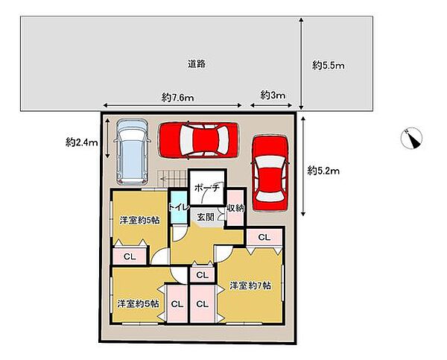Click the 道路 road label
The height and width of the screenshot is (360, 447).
(197, 63)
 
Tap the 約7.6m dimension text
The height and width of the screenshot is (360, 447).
(177, 98)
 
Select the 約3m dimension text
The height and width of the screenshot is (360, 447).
(273, 95)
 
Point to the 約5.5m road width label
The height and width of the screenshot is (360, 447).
(328, 66)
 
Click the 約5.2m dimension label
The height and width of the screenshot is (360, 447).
(323, 171)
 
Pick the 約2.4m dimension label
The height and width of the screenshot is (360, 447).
(81, 142)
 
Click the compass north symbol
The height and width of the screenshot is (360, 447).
(411, 138)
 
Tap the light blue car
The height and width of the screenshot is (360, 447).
(132, 152)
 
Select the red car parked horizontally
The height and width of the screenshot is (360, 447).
(198, 140)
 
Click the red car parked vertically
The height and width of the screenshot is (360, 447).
(270, 173)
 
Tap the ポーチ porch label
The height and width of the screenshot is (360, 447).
(207, 187)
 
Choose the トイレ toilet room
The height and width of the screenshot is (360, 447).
(179, 207)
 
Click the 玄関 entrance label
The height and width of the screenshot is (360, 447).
(206, 217)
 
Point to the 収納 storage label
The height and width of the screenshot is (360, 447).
(235, 208)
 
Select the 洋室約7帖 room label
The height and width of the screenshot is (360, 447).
(250, 285)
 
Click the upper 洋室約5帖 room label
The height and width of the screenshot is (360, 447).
(139, 221)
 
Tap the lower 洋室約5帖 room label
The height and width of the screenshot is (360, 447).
(139, 303)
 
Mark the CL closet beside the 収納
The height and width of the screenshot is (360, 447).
(264, 237)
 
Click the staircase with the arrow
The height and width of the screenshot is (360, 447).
(172, 179)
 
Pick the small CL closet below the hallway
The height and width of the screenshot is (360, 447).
(203, 275)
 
